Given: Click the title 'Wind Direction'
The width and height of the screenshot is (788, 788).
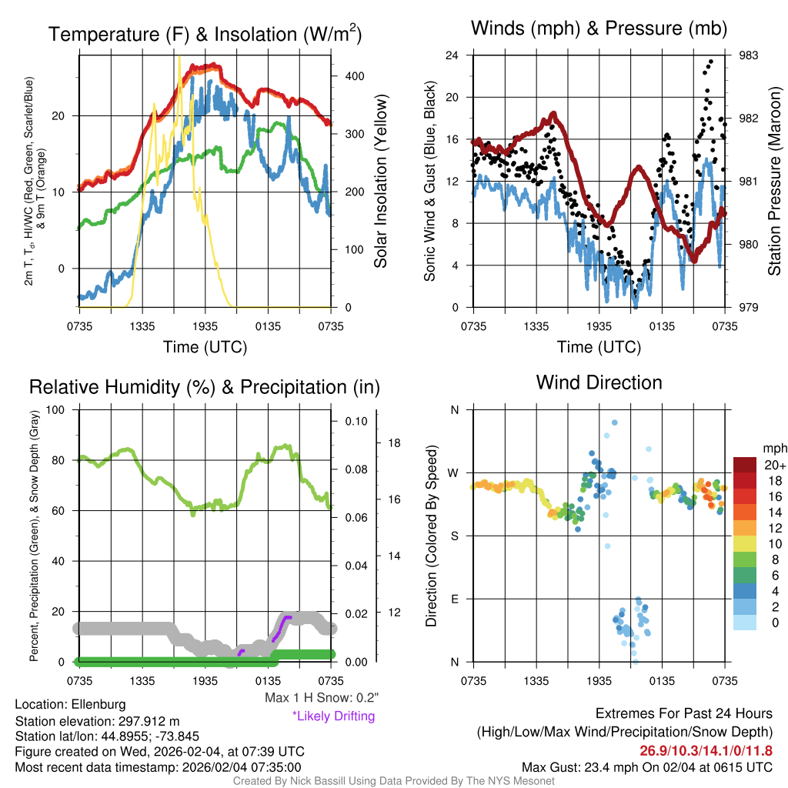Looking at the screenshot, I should click(x=599, y=382).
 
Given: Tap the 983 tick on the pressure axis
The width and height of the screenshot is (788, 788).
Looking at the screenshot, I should click(x=748, y=55).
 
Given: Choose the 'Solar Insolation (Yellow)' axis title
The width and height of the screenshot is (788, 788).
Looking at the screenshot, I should click(x=380, y=181).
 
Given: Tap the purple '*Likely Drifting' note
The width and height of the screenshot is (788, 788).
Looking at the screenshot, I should click(x=333, y=716).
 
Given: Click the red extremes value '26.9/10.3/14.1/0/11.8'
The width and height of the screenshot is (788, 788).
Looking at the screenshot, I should click(x=706, y=750).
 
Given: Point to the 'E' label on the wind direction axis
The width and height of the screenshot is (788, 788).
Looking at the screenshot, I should click(x=454, y=599).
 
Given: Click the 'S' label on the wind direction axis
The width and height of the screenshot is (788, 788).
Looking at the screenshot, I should click(x=454, y=536).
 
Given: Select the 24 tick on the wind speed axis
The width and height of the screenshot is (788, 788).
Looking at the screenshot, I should click(x=452, y=55).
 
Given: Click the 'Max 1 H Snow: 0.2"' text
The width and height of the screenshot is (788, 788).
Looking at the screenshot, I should click(x=321, y=698).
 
